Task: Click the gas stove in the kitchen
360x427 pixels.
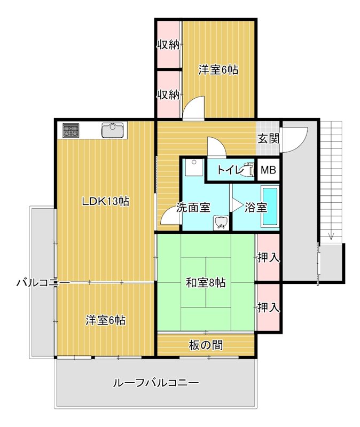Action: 71,131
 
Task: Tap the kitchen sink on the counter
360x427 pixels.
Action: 112,130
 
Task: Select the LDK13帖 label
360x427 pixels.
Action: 105,201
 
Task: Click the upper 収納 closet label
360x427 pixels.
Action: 168,45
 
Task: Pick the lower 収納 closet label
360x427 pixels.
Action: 168,94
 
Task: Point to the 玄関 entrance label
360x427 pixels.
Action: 268,139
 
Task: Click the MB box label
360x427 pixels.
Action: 269,171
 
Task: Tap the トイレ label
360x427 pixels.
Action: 228,171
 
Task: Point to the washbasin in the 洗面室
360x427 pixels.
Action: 220,223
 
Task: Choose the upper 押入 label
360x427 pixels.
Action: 268,258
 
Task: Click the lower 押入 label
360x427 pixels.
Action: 268,307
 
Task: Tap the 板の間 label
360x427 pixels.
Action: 206,345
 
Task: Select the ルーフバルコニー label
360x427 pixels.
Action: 155,383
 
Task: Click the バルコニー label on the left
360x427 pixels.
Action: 43,282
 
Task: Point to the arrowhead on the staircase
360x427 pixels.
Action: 331,236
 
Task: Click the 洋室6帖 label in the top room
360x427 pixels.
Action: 218,69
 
